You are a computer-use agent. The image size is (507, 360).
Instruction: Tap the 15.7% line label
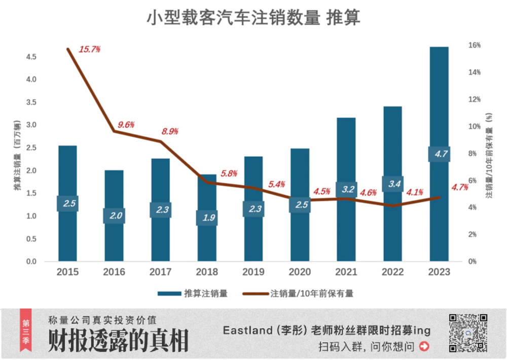(90, 49)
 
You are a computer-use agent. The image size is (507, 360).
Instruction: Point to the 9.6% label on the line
(126, 125)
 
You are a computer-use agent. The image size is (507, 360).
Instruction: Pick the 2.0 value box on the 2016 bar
(114, 215)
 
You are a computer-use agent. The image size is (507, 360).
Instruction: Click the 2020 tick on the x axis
(299, 272)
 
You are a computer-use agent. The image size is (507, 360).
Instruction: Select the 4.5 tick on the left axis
(31, 57)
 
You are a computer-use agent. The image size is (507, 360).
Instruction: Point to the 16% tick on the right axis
(474, 45)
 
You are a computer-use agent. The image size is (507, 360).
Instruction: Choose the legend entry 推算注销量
(192, 294)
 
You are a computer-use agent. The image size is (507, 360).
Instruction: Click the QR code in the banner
(468, 333)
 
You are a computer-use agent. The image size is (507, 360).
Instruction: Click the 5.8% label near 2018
(229, 173)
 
